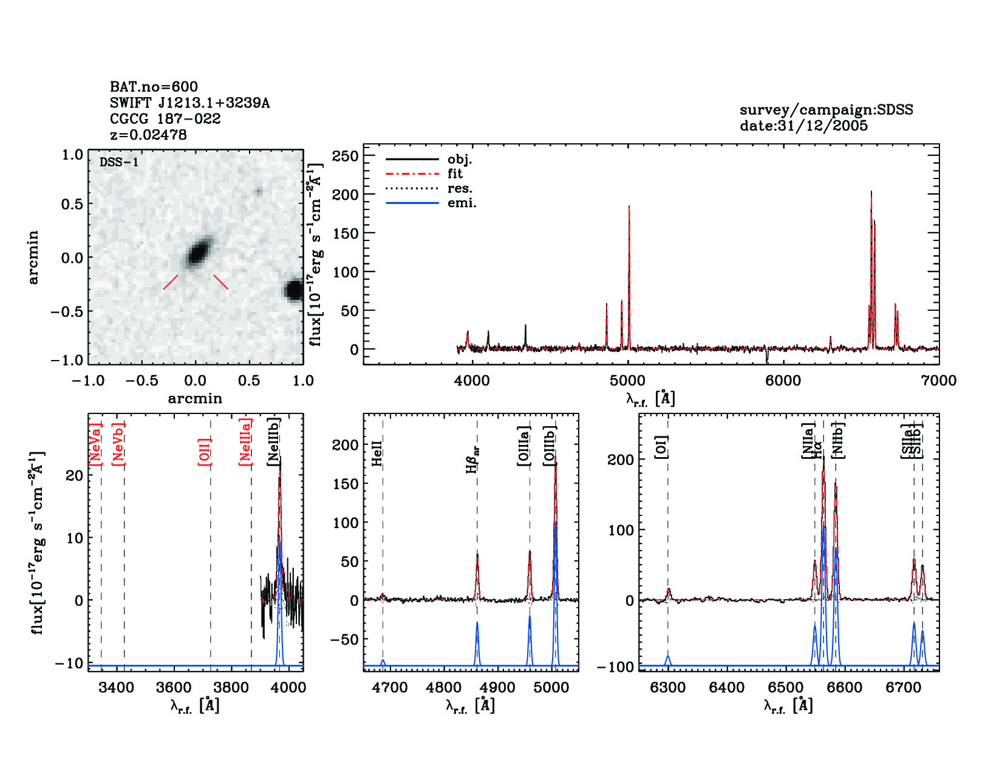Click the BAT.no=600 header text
154,87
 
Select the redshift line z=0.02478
148,135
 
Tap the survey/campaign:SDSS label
826,110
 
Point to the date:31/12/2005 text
803,126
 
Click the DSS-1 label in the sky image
119,162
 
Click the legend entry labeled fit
455,174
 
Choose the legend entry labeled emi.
462,203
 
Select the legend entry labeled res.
460,189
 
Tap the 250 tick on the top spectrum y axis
346,156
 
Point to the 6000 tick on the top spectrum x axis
783,381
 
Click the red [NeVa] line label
95,444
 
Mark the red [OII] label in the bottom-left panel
205,452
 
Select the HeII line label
377,453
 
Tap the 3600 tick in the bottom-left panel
174,688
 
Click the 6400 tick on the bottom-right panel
727,688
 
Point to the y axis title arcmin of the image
33,257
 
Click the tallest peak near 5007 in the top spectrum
629,208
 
